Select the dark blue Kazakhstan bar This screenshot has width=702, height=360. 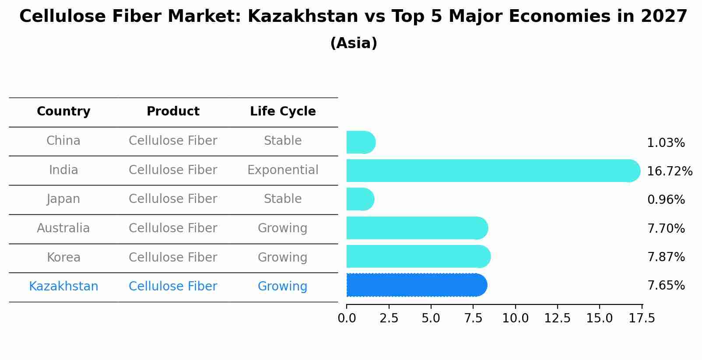(x=416, y=285)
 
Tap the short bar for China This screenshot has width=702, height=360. (x=361, y=143)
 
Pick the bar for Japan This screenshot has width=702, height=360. (x=360, y=199)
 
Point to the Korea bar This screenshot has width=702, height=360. (x=418, y=257)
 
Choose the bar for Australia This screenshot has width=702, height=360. (x=417, y=228)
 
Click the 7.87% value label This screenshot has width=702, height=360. (x=666, y=257)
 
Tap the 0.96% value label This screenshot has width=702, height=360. (x=666, y=200)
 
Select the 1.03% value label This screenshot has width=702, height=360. (x=666, y=143)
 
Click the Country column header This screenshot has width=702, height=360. (x=63, y=112)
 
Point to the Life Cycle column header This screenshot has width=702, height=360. (x=283, y=112)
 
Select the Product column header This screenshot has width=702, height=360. (x=173, y=112)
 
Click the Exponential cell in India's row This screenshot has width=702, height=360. (x=283, y=170)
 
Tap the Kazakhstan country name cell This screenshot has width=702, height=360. (x=63, y=287)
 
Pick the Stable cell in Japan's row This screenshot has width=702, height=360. (x=283, y=199)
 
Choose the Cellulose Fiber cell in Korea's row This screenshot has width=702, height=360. (x=173, y=258)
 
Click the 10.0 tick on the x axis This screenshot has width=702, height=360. (x=515, y=318)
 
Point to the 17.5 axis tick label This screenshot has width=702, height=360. (x=642, y=318)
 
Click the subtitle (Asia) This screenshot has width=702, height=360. (x=354, y=43)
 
